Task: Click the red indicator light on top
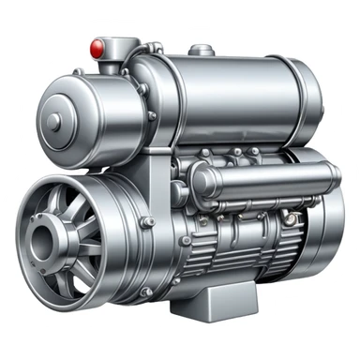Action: click(x=95, y=45)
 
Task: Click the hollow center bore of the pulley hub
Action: click(x=40, y=242)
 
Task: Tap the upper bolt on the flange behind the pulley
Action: click(x=148, y=222)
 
